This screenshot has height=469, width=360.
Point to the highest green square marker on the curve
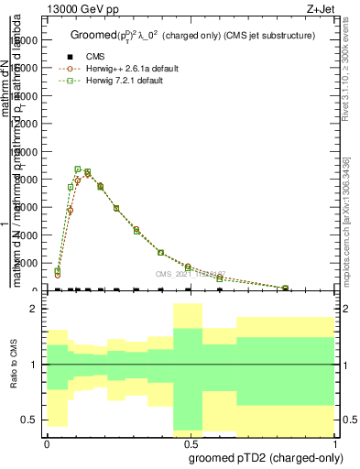(78, 169)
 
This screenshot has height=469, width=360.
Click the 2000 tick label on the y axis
(26, 264)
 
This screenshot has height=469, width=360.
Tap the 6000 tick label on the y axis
(26, 208)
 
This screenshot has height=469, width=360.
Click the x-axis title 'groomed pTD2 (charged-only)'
(262, 457)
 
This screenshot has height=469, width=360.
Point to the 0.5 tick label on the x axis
(190, 443)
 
